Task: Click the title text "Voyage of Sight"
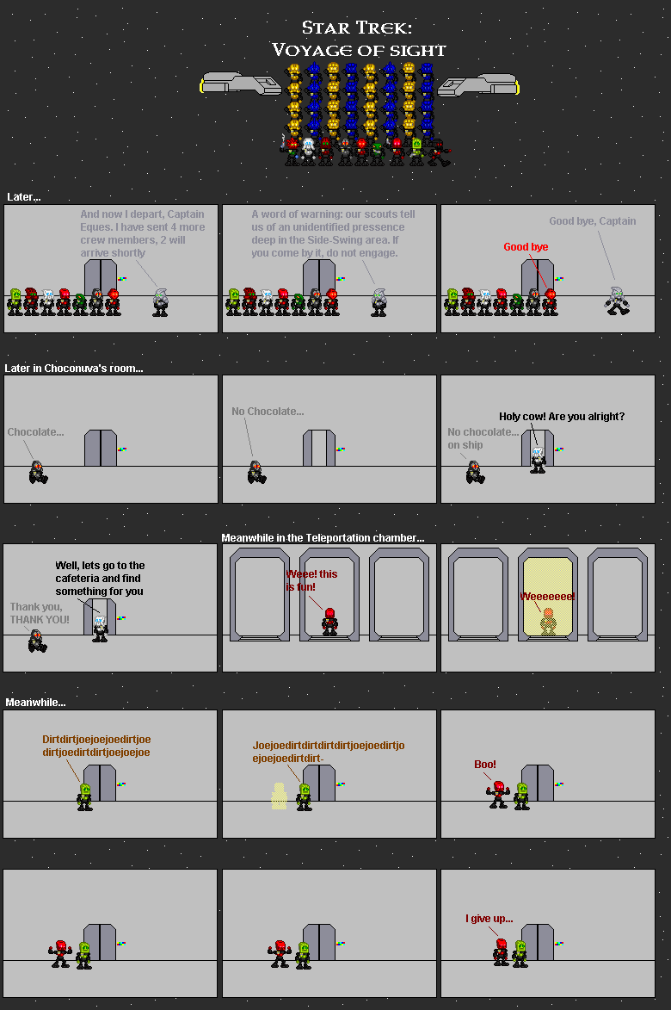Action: click(x=359, y=50)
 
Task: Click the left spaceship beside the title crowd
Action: click(x=241, y=84)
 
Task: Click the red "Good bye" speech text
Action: click(x=526, y=247)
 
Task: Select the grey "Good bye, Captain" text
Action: click(x=593, y=221)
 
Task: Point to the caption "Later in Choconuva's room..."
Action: click(x=74, y=369)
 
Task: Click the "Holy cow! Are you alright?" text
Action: click(x=562, y=417)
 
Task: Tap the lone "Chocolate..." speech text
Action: click(x=35, y=432)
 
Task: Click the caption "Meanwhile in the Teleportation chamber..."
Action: click(x=323, y=538)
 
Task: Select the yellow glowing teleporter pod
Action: click(x=547, y=594)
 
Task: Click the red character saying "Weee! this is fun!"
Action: click(x=329, y=622)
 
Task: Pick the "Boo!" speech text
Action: click(x=485, y=765)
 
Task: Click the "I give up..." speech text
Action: click(x=489, y=919)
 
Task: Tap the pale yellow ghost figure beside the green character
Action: click(x=279, y=796)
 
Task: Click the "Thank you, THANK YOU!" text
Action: click(x=40, y=613)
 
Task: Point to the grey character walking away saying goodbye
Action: click(x=618, y=301)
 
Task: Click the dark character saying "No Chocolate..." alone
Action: click(x=256, y=472)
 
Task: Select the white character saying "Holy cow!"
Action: click(x=538, y=460)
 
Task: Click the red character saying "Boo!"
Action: click(x=498, y=794)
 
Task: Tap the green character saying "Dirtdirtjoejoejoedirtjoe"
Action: click(x=85, y=796)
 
